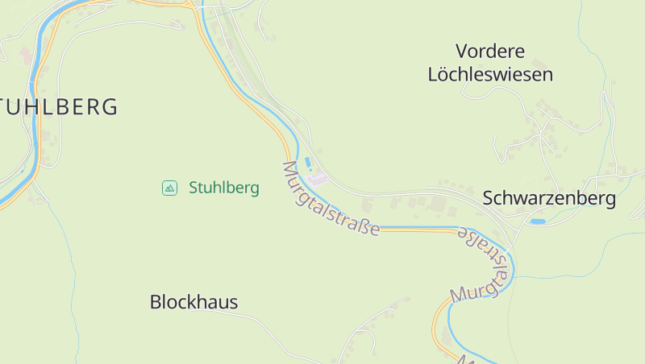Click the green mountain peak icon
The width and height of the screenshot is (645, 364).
[169, 188]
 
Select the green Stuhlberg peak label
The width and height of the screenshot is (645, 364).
[223, 188]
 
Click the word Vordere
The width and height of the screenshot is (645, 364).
[489, 52]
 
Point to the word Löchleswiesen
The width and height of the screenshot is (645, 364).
[490, 75]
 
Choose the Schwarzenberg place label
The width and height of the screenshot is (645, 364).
[549, 198]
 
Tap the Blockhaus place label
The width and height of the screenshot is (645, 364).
[193, 302]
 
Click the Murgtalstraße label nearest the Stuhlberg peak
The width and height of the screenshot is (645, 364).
[330, 198]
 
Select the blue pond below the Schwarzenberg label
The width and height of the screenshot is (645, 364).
[537, 221]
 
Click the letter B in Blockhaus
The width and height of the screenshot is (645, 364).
[156, 302]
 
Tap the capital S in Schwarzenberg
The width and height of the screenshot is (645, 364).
[489, 198]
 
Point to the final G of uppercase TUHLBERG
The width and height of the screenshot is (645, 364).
[110, 106]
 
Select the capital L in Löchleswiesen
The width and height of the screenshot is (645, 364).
[433, 75]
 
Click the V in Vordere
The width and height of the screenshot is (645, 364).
[462, 52]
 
